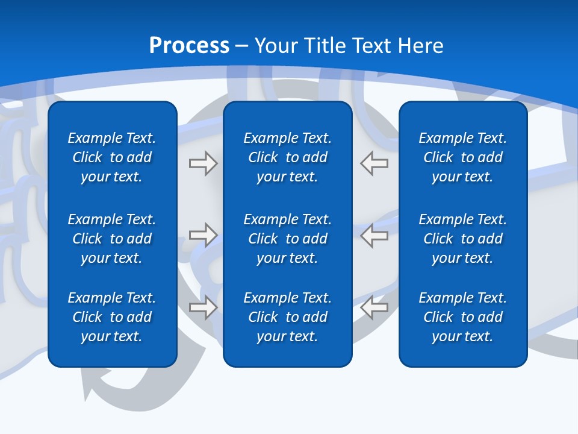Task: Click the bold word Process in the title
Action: click(x=189, y=46)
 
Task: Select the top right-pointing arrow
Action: click(x=203, y=163)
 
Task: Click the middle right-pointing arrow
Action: click(x=203, y=235)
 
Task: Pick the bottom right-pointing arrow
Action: click(x=203, y=307)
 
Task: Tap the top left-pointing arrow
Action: click(x=374, y=163)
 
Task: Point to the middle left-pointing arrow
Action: click(x=374, y=235)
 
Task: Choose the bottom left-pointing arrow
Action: click(x=374, y=307)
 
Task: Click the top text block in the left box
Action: click(x=112, y=157)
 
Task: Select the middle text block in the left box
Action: click(x=112, y=239)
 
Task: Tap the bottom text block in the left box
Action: click(x=112, y=317)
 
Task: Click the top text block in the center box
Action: click(x=288, y=157)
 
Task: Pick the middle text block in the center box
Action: click(x=288, y=239)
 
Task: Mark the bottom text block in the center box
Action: click(x=288, y=317)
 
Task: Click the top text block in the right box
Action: click(x=463, y=157)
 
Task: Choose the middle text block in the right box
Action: click(x=463, y=239)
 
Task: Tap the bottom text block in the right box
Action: click(x=463, y=317)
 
